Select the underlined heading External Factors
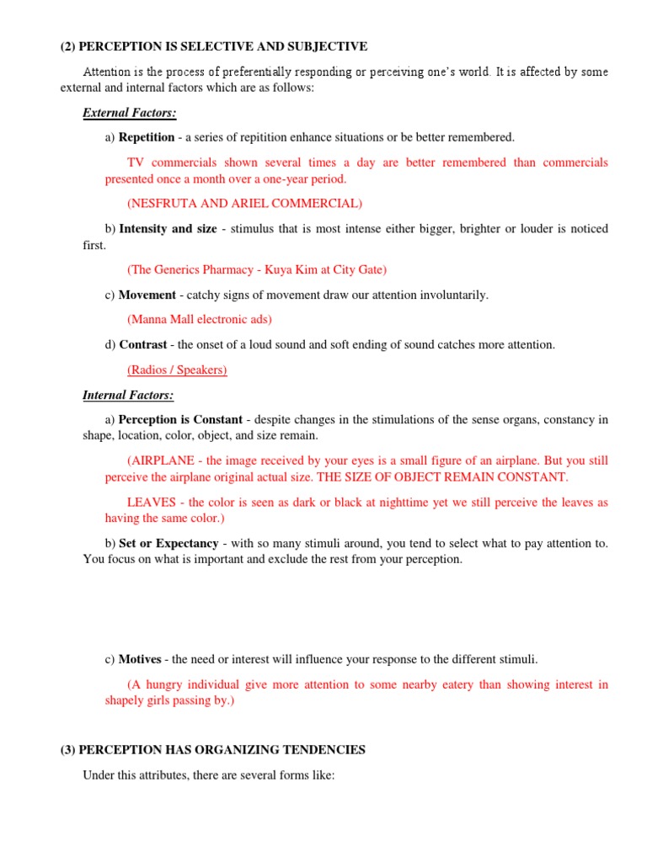[129, 112]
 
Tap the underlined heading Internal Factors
[128, 395]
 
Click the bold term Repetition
[147, 137]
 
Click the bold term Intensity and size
[168, 229]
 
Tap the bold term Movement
[147, 295]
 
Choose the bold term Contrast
[144, 344]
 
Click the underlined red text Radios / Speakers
[177, 370]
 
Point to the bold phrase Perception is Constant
[180, 419]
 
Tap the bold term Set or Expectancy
[168, 543]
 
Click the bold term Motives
[140, 659]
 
